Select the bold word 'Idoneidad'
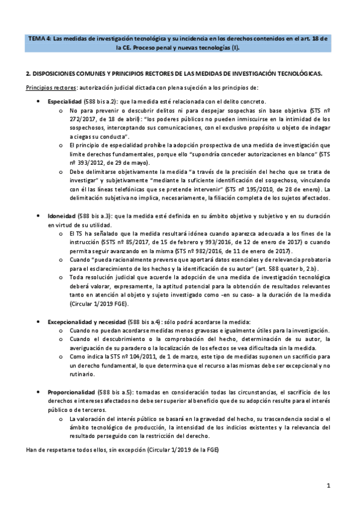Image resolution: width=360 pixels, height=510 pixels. [62, 215]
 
